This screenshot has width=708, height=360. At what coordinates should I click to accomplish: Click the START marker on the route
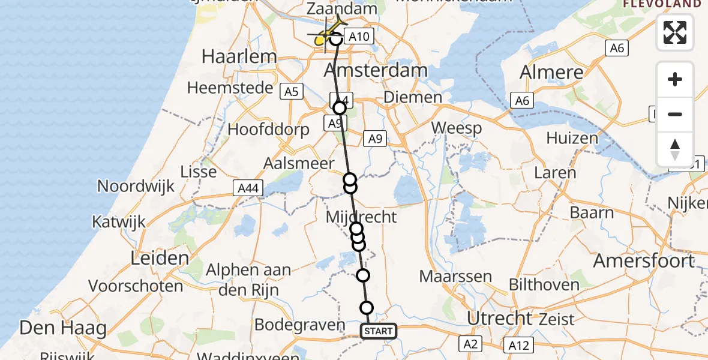(x=379, y=331)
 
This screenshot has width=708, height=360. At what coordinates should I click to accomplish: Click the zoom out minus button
(x=675, y=115)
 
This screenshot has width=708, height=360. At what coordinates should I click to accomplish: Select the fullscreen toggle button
(x=675, y=32)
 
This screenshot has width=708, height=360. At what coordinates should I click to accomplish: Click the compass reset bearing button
(x=675, y=149)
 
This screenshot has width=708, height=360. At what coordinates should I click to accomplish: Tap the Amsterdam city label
(x=376, y=70)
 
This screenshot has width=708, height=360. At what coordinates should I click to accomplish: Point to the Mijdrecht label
(x=361, y=217)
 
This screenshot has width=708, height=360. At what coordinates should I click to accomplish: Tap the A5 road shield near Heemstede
(x=291, y=91)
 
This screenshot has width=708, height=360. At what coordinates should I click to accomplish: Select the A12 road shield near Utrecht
(x=519, y=344)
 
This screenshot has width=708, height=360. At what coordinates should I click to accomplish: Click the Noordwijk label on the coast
(x=136, y=186)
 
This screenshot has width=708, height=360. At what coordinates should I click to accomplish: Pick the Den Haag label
(x=63, y=328)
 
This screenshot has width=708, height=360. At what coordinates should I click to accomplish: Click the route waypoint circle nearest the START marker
(x=367, y=308)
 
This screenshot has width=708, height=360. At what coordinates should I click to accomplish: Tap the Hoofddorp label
(x=269, y=130)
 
